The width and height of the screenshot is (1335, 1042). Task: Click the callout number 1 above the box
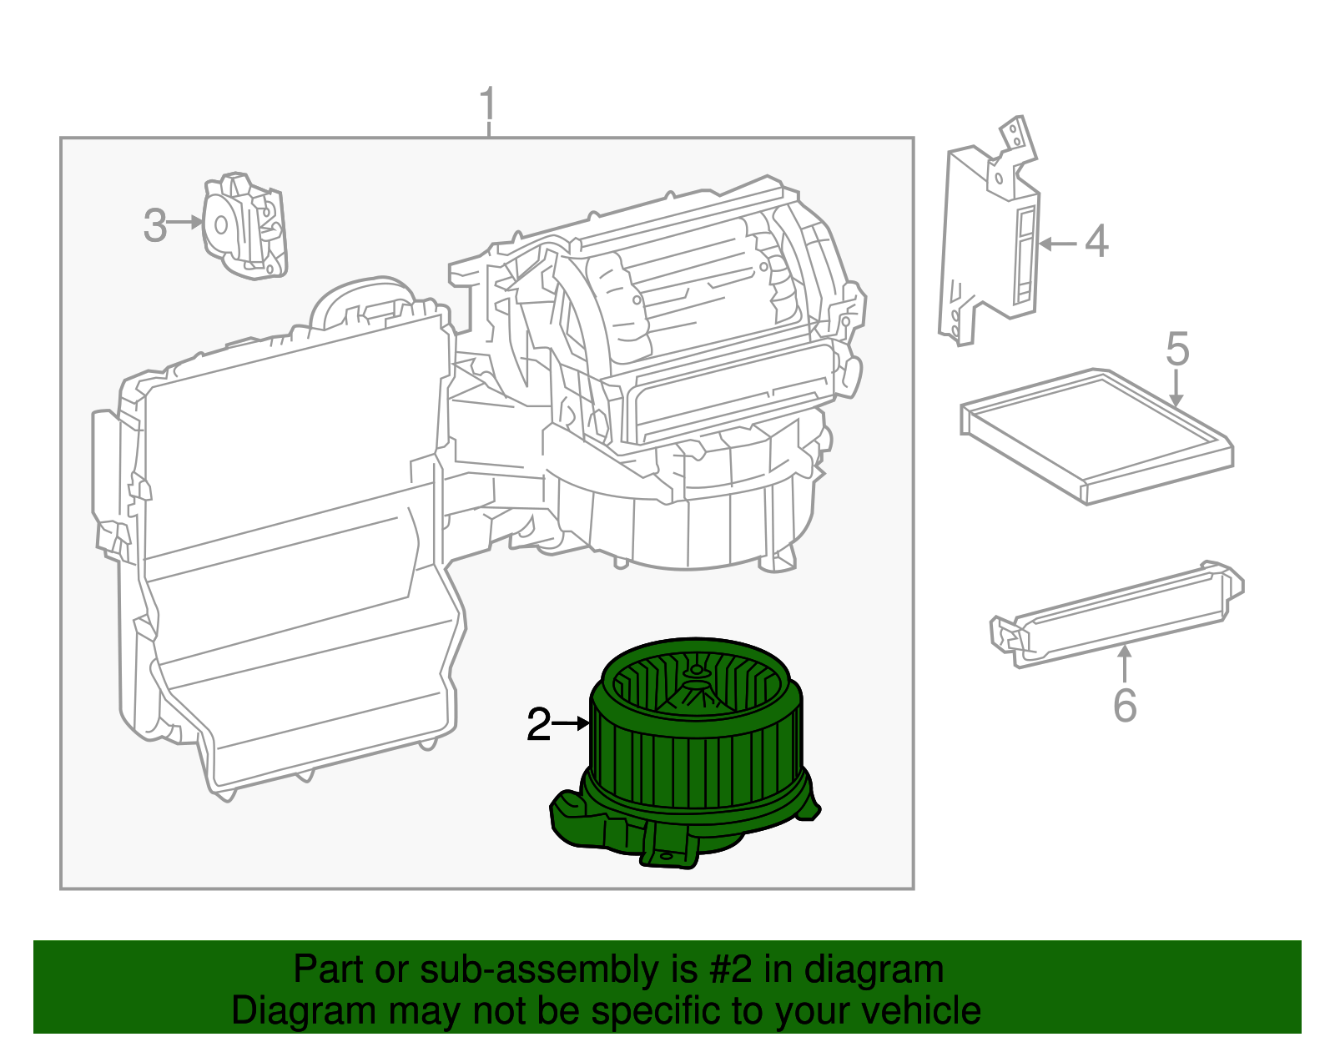(x=488, y=106)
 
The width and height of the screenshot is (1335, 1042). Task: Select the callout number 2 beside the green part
(x=538, y=725)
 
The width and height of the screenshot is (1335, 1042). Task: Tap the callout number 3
(x=154, y=225)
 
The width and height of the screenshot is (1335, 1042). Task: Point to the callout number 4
(x=1096, y=242)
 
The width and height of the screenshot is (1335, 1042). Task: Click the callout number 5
(x=1176, y=349)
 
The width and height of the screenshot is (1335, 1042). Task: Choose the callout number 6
(x=1125, y=706)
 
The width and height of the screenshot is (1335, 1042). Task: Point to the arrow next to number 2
(x=572, y=723)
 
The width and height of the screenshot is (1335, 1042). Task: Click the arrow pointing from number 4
(x=1058, y=244)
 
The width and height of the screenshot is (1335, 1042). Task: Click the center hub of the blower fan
(x=694, y=672)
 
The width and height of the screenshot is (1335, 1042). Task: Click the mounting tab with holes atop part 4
(x=1015, y=138)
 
